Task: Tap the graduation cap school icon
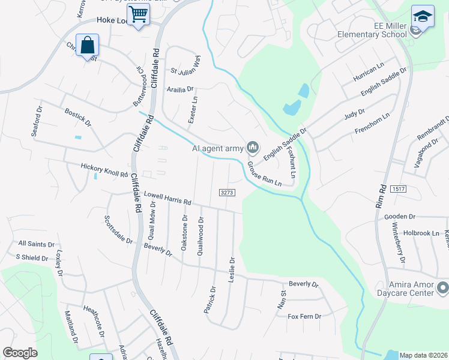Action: pyautogui.click(x=423, y=17)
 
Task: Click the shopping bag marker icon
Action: pyautogui.click(x=88, y=45)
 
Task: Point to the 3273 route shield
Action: pyautogui.click(x=227, y=192)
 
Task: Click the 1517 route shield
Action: pyautogui.click(x=397, y=189)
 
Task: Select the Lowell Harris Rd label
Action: pyautogui.click(x=167, y=198)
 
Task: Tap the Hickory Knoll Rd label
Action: pyautogui.click(x=104, y=170)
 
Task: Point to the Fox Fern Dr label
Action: pyautogui.click(x=304, y=316)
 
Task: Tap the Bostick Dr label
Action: pyautogui.click(x=78, y=118)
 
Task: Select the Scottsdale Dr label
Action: pyautogui.click(x=118, y=229)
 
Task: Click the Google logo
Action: pyautogui.click(x=20, y=353)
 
